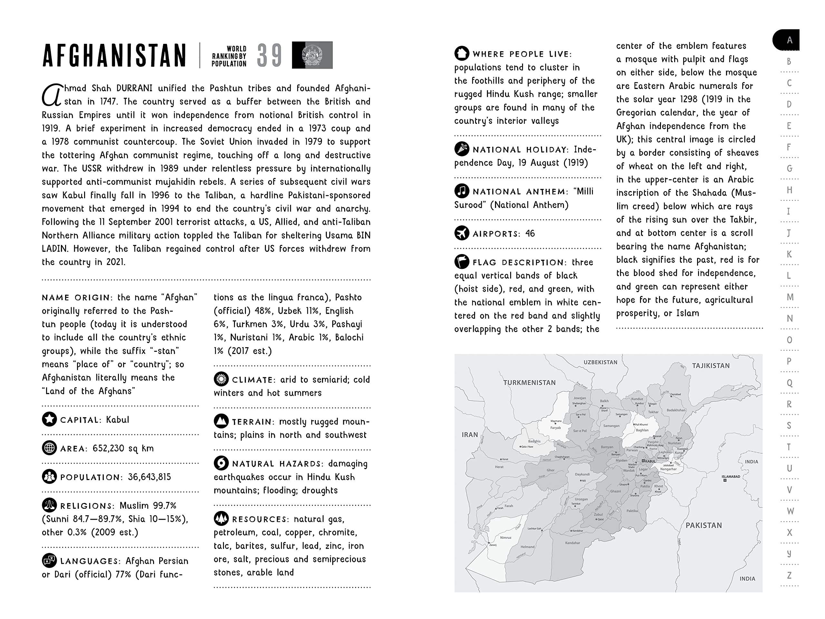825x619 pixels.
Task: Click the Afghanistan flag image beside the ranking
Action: (312, 55)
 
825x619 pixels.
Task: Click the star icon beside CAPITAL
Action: (49, 419)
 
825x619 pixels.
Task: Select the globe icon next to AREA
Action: (49, 448)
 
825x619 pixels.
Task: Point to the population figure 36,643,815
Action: (149, 477)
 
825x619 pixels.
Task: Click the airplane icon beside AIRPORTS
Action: (462, 233)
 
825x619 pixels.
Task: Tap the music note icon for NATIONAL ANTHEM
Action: (462, 192)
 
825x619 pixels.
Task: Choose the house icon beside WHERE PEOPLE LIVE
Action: (462, 53)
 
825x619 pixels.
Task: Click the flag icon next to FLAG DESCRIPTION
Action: (462, 261)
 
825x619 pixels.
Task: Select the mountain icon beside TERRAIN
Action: (221, 421)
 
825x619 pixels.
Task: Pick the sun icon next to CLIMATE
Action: (221, 379)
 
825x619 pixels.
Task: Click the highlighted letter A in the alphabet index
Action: (789, 40)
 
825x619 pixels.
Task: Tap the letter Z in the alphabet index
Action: (789, 575)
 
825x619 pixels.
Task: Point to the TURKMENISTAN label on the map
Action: (529, 382)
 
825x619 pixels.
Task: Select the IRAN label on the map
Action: (470, 435)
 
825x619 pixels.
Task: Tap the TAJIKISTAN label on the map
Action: (711, 366)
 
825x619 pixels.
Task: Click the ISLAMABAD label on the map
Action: (731, 477)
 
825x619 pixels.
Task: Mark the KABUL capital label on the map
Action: (650, 461)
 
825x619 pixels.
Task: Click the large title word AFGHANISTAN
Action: (114, 55)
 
